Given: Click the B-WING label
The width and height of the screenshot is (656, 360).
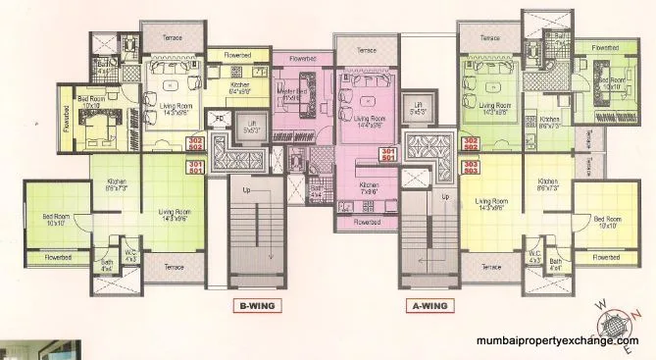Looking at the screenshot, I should pyautogui.click(x=254, y=305).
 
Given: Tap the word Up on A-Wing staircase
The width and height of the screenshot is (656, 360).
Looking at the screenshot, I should pyautogui.click(x=449, y=197).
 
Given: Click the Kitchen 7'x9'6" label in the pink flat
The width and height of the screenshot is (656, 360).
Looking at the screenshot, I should pyautogui.click(x=369, y=188).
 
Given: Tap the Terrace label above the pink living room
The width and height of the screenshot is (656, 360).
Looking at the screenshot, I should pyautogui.click(x=366, y=49).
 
